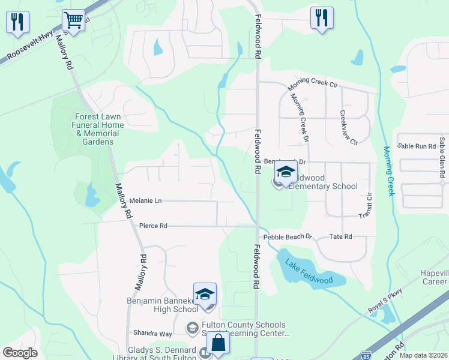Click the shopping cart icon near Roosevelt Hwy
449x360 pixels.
click(73, 20)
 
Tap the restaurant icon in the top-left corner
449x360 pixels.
click(17, 22)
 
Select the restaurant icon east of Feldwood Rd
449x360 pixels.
click(322, 18)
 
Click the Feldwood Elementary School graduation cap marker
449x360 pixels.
click(286, 173)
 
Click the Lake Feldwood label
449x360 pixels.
click(309, 271)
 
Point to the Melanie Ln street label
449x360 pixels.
click(146, 200)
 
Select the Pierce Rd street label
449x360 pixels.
click(152, 226)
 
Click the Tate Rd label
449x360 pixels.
click(340, 237)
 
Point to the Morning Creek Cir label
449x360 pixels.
click(312, 83)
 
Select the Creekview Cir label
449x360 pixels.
click(349, 128)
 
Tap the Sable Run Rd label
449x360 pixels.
click(416, 146)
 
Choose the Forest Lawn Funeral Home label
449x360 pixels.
click(100, 129)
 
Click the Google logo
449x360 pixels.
click(20, 353)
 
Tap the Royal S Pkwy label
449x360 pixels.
click(384, 302)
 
